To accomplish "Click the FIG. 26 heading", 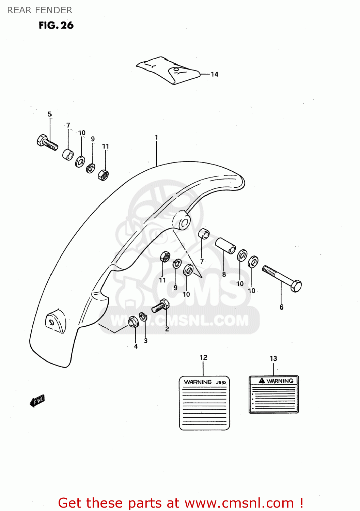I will [x=56, y=25].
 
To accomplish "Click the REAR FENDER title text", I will [x=40, y=10].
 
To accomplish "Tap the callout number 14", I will [x=214, y=74].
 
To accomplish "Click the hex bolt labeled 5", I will [x=47, y=142].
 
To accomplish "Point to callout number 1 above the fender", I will [x=156, y=137].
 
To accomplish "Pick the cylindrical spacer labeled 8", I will [x=225, y=245].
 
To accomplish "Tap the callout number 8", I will [x=224, y=274].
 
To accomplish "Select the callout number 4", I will [x=136, y=346].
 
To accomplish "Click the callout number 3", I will [x=146, y=341].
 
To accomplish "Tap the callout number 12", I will [x=203, y=357].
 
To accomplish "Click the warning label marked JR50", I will [x=204, y=403].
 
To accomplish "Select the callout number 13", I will [x=273, y=358].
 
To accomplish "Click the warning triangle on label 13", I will [x=262, y=381].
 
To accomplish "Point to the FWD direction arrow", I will [x=37, y=401].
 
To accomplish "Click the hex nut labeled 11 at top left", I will [x=103, y=175].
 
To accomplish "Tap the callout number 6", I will [x=281, y=307].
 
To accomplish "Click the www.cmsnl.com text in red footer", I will [x=239, y=503].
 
